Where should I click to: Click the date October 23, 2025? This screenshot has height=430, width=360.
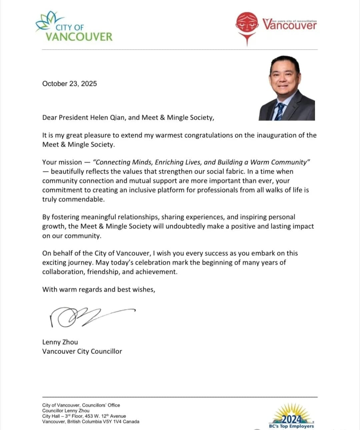pos(69,84)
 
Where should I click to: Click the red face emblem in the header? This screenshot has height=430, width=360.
pos(247,23)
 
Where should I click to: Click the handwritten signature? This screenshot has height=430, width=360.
pos(90,316)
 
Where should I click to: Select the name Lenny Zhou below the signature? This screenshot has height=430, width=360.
pos(60,342)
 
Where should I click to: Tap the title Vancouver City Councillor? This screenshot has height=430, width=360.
pos(82,351)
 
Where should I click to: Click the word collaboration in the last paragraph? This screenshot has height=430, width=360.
pos(63,272)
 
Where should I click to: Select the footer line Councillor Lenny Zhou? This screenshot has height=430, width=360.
pos(66,411)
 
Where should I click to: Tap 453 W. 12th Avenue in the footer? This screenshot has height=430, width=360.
pos(105,416)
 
